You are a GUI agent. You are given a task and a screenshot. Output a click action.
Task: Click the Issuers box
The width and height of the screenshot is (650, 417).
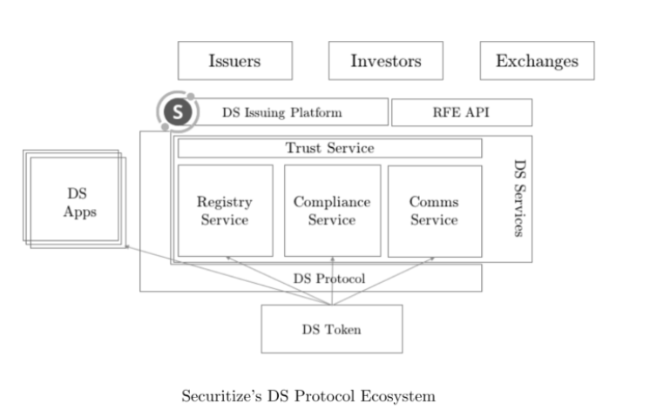234,61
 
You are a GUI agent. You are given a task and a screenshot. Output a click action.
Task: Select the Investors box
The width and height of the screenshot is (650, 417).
385,61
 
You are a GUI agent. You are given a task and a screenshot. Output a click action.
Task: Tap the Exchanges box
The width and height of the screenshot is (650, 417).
537,61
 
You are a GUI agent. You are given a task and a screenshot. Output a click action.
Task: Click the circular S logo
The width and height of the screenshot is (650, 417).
179,112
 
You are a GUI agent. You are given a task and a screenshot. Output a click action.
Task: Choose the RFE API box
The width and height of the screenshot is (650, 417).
461,112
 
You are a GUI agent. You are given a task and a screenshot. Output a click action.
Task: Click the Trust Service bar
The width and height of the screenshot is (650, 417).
329,148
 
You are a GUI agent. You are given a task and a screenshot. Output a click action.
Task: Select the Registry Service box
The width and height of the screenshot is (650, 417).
224,211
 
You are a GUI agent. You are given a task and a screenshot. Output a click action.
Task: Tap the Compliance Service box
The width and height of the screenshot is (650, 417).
332,211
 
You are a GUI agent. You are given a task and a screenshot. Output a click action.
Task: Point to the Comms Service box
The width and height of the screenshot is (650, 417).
434,211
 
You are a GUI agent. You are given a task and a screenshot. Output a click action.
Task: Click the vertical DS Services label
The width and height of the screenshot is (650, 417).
518,198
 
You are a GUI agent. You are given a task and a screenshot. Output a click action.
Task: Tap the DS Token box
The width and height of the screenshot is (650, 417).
331,328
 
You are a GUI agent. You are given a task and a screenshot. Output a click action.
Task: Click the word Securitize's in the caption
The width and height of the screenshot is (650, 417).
215,396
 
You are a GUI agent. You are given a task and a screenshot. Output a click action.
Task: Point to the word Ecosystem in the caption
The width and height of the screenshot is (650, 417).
398,396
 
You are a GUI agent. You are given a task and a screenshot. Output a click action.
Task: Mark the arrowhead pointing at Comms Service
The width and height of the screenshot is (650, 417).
432,259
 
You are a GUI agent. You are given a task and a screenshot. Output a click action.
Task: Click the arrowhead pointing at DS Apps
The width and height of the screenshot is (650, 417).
126,247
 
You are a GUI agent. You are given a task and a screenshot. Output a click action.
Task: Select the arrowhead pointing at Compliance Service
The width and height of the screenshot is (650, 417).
332,259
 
